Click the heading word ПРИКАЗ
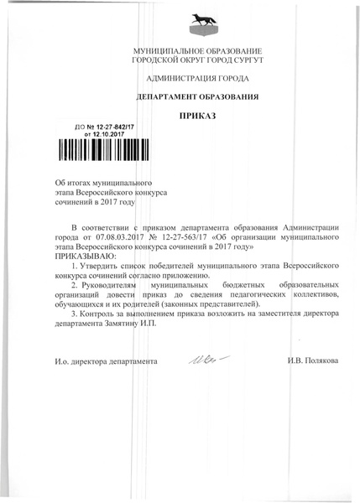coord(198,116)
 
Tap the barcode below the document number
coord(104,151)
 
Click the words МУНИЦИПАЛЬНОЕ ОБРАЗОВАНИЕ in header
coord(198,52)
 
